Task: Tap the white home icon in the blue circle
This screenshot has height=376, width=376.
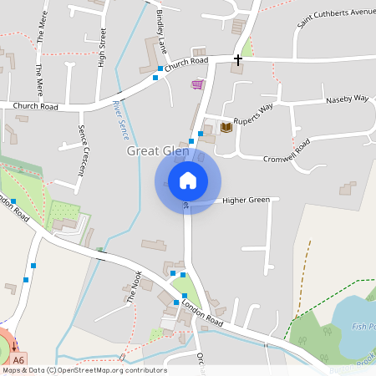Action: click(188, 180)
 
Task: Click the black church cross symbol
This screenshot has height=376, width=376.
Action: click(238, 60)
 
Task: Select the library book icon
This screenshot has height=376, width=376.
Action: click(226, 127)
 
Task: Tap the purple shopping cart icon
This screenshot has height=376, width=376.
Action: click(197, 84)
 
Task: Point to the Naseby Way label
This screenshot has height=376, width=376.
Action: click(347, 99)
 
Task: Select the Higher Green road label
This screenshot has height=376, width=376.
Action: click(246, 201)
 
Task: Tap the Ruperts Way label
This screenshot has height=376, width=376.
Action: click(253, 113)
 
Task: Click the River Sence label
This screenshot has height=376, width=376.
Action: click(120, 119)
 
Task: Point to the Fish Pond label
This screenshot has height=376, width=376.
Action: click(363, 326)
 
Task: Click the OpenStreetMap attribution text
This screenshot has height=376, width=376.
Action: click(84, 370)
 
